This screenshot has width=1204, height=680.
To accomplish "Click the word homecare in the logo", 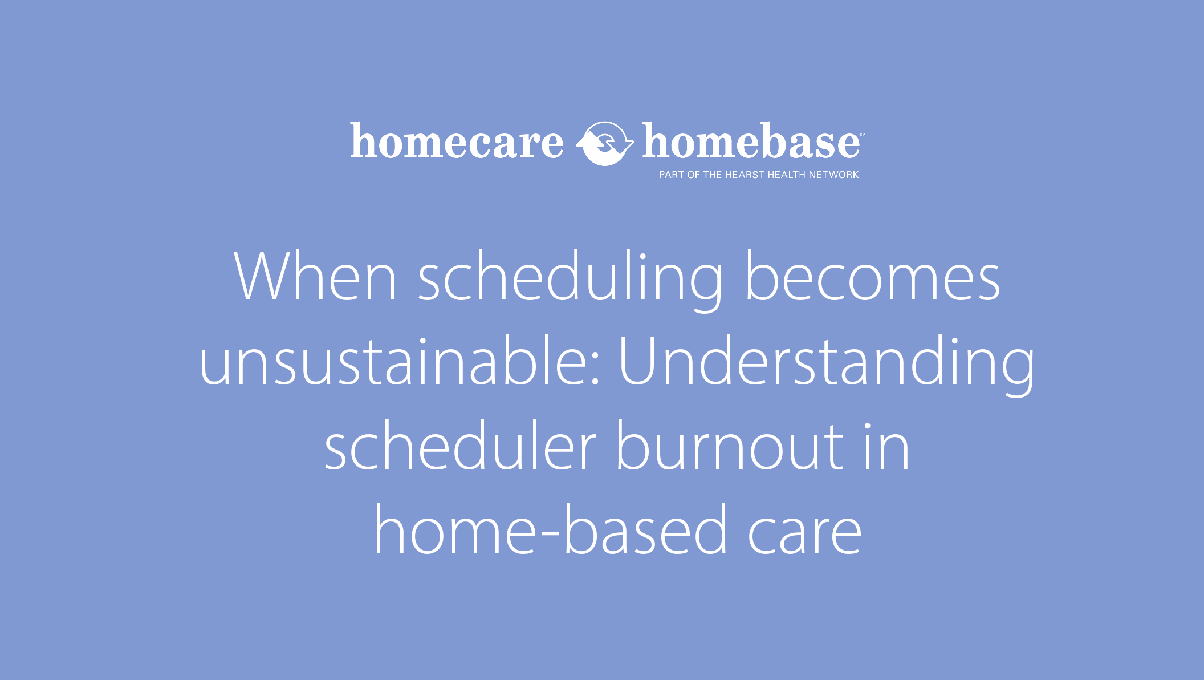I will click(457, 141).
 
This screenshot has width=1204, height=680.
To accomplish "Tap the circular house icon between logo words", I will click(604, 143).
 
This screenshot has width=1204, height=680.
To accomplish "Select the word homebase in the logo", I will click(750, 141).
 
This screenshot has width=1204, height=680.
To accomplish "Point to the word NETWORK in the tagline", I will click(833, 175).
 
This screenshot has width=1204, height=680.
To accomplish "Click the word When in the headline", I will click(315, 278).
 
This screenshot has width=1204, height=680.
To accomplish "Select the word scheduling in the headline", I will click(571, 280).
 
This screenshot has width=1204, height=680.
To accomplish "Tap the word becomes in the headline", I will click(872, 278).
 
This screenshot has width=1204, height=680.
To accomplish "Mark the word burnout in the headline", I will click(730, 447).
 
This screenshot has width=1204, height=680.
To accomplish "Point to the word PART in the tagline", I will click(671, 175).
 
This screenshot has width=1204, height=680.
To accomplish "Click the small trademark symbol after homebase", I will click(863, 135).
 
